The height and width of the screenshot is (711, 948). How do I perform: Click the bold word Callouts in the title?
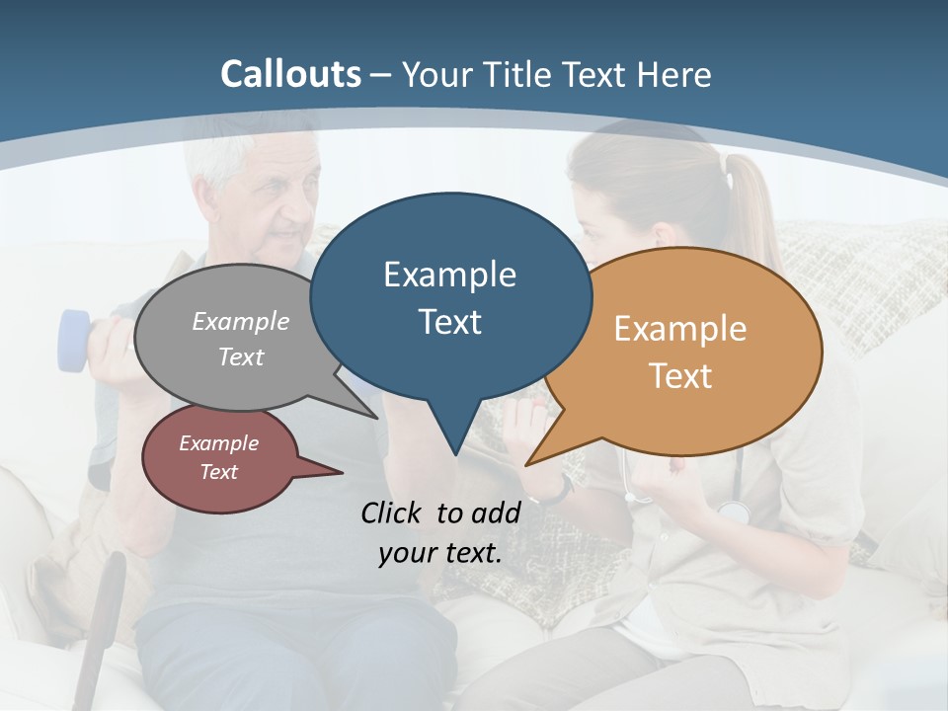pos(290,74)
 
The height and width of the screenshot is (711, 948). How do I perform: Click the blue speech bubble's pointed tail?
pos(454,434)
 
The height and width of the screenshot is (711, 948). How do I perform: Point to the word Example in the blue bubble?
pos(449,275)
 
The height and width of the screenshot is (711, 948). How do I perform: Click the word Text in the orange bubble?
pos(680,376)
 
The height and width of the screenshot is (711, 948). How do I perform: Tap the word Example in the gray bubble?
pos(240,322)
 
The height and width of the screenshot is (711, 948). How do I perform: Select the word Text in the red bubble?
pos(218,472)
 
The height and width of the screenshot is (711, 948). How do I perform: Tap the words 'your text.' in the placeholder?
pos(439,553)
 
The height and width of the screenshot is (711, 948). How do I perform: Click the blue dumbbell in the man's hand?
pos(74,341)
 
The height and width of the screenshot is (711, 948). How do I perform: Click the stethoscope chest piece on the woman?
pos(733,512)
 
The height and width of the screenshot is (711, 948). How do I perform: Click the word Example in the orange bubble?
pos(680,329)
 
